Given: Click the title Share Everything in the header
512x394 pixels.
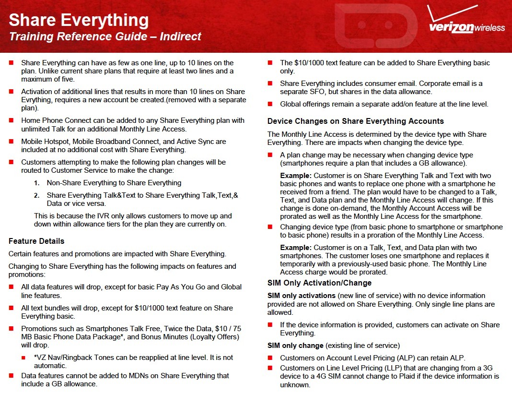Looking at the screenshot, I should [79, 20].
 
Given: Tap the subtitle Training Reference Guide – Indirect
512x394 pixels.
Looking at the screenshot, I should [105, 37].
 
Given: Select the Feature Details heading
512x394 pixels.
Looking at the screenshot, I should [36, 241].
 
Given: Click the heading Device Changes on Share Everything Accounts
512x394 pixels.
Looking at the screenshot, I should [355, 121].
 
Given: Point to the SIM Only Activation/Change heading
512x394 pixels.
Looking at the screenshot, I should [319, 283].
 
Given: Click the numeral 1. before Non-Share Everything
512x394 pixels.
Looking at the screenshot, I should [37, 183].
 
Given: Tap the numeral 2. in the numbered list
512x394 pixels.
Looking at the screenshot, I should [37, 195].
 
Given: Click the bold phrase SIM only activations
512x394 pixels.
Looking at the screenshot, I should [302, 295].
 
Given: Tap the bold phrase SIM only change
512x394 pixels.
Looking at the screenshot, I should [295, 346].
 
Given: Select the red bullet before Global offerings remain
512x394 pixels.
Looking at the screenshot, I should [270, 104].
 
